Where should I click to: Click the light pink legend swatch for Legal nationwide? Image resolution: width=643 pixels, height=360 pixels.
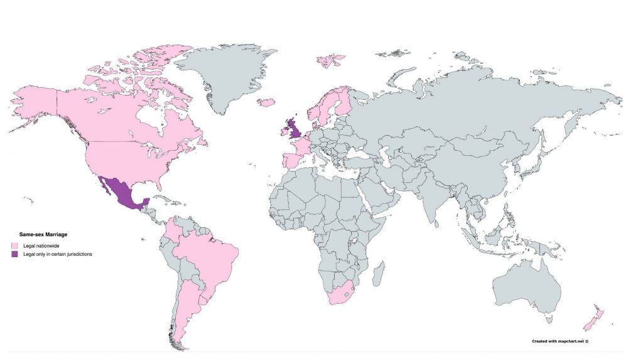pyautogui.click(x=14, y=245)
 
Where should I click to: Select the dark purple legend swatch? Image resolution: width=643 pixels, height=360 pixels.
pyautogui.click(x=14, y=254)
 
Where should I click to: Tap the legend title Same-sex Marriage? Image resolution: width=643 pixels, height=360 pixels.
pyautogui.click(x=43, y=234)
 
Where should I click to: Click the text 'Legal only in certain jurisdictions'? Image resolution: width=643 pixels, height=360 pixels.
pyautogui.click(x=58, y=254)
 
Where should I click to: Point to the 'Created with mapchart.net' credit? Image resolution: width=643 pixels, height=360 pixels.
pyautogui.click(x=560, y=341)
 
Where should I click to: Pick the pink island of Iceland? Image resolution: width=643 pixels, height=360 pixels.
pyautogui.click(x=266, y=102)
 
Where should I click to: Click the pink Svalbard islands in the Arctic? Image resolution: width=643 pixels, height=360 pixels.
pyautogui.click(x=330, y=60)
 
